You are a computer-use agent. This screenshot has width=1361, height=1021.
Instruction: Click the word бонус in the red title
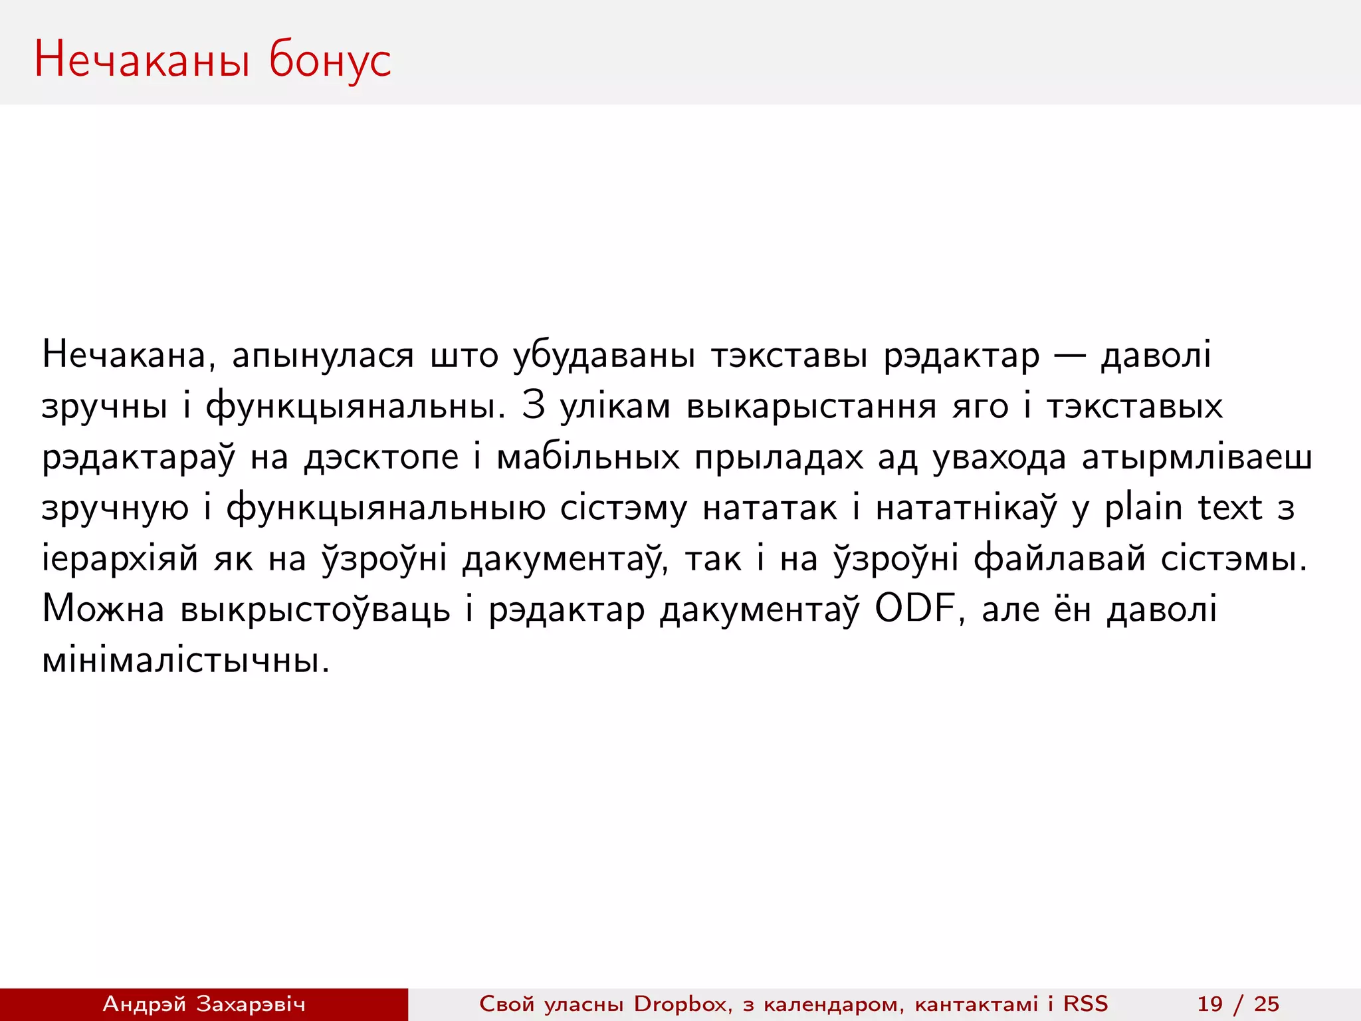coord(330,60)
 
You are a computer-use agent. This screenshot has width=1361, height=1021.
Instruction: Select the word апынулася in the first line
coord(322,356)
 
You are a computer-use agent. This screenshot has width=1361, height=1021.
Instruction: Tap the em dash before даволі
coord(1070,356)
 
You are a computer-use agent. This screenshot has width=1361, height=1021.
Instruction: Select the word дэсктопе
coord(381,458)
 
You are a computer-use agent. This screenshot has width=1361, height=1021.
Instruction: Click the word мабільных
coord(588,458)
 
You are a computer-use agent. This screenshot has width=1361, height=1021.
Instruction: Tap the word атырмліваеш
coord(1196,458)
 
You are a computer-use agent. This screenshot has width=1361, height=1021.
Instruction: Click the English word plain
coord(1143,509)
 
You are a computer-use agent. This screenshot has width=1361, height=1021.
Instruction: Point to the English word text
coord(1229,509)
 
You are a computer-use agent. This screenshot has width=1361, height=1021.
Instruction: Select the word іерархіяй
coord(120,559)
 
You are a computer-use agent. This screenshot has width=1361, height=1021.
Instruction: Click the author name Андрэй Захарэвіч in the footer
coord(203,1004)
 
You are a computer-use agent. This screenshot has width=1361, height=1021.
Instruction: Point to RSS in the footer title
coord(1086,1004)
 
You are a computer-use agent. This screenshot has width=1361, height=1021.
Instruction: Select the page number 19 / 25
coord(1238,1004)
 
